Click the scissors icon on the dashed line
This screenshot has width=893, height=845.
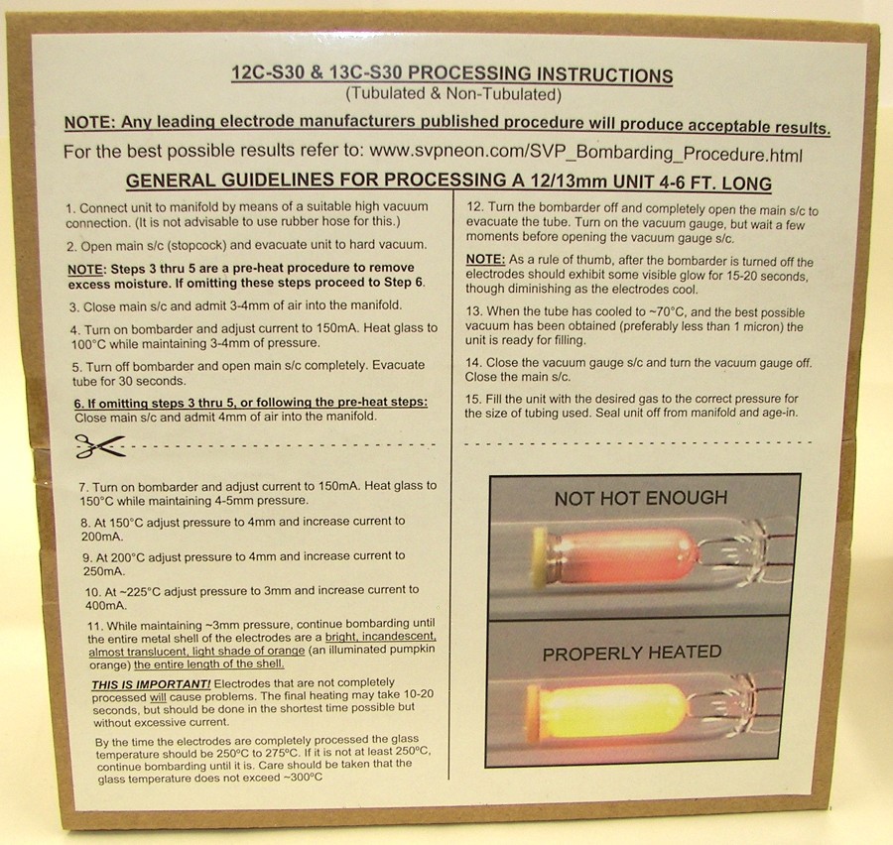[x=100, y=446]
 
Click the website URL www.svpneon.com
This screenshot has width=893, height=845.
[x=447, y=152]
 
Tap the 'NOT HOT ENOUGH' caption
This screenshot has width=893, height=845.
[x=641, y=498]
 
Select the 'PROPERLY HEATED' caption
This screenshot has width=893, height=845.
[x=632, y=653]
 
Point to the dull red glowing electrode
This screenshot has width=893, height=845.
[x=614, y=556]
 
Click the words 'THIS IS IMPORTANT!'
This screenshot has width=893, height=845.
[x=151, y=684]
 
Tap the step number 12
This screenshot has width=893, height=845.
[x=475, y=207]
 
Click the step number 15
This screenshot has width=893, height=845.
[x=473, y=399]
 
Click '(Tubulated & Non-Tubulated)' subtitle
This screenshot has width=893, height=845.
[x=453, y=94]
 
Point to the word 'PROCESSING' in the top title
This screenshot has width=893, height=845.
[x=468, y=73]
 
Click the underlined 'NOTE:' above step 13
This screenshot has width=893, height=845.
[x=485, y=260]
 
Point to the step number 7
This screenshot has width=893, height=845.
[x=83, y=487]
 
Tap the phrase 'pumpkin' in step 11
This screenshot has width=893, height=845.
[x=414, y=650]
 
